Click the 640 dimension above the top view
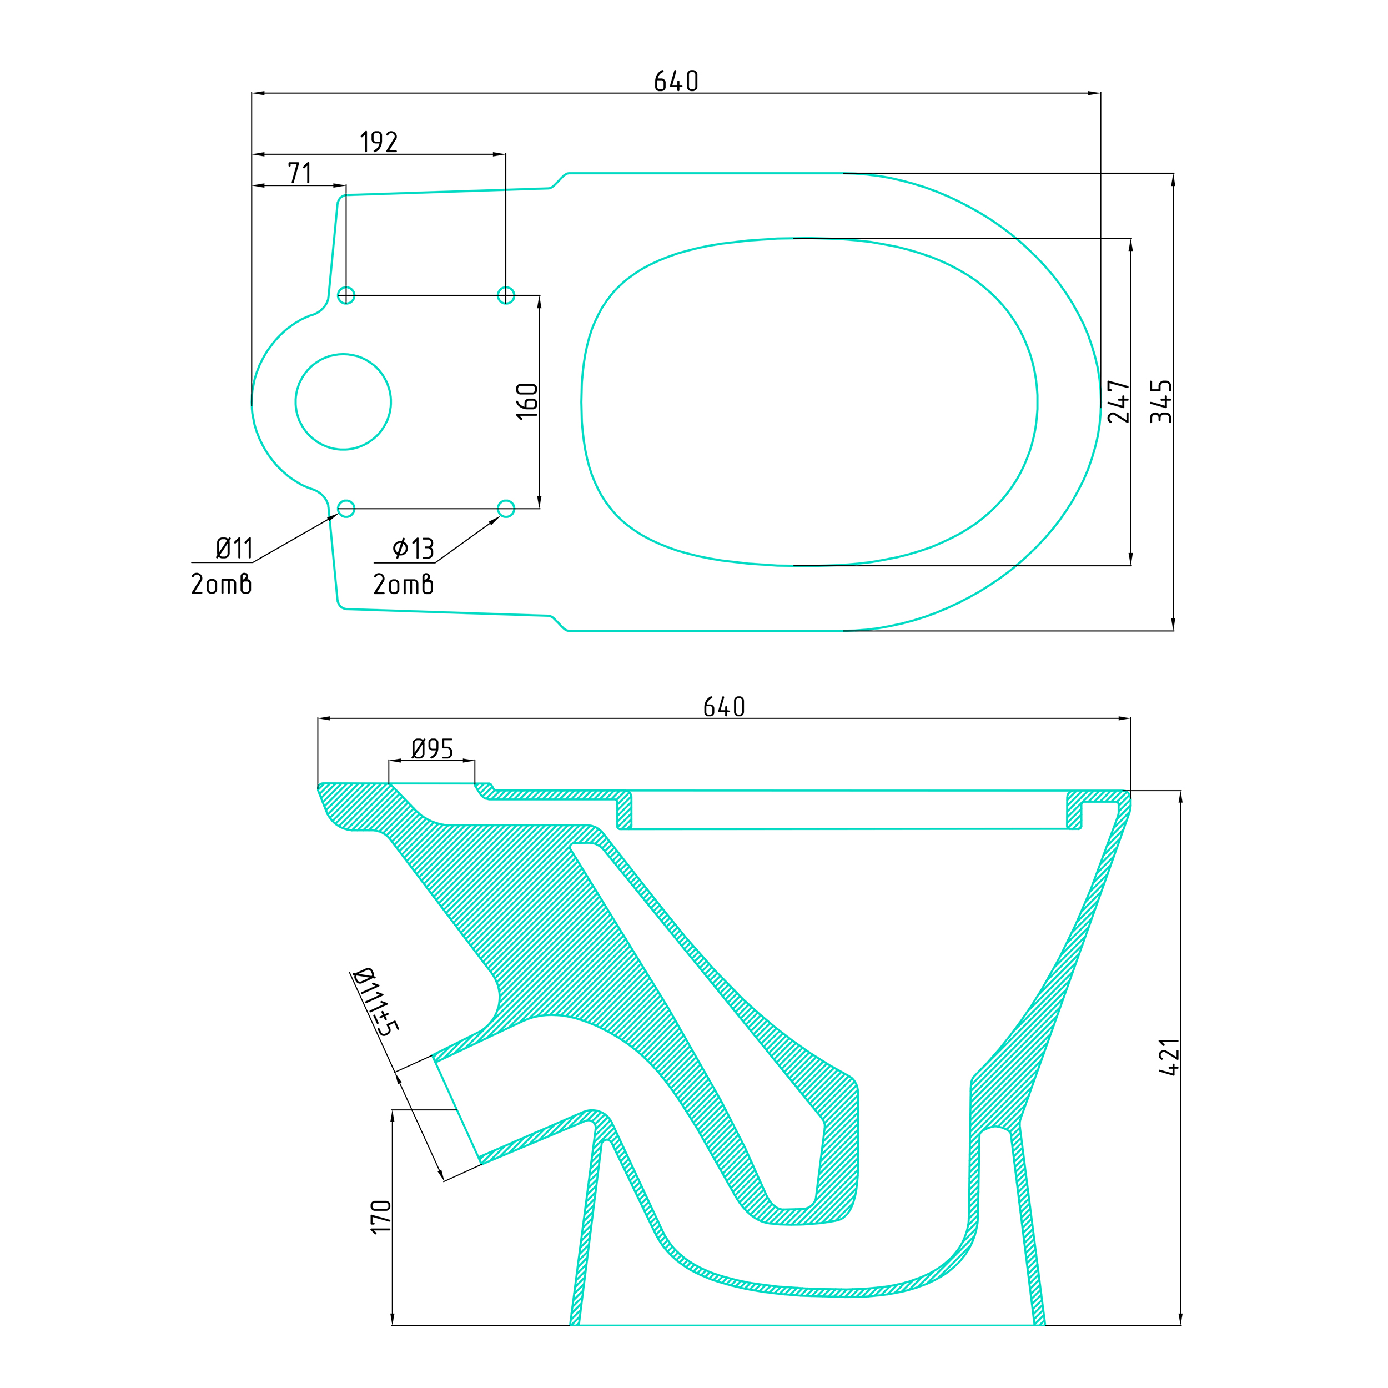point(676,81)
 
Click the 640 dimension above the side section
point(723,707)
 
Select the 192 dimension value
point(379,142)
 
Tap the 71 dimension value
point(300,173)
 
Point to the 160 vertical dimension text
point(527,401)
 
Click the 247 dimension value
point(1119,401)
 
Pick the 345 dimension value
point(1161,401)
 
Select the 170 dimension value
point(381,1217)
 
